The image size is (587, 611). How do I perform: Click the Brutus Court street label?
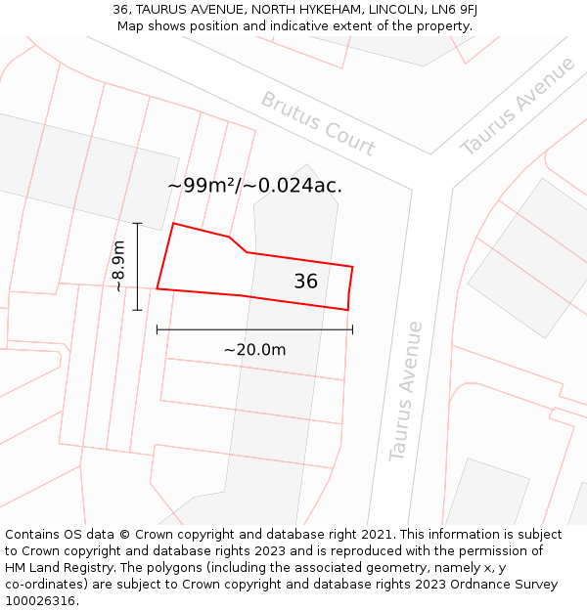point(318,124)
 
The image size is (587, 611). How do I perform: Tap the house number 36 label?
point(305,282)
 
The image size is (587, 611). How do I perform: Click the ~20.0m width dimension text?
point(254,350)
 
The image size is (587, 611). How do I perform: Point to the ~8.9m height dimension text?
point(118,266)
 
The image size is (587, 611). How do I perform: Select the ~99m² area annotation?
point(254,185)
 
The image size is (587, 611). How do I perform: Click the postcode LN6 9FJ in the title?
point(454,10)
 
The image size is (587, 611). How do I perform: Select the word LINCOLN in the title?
point(396,10)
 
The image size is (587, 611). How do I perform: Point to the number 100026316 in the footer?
point(42,600)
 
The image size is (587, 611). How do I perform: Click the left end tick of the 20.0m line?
point(157,329)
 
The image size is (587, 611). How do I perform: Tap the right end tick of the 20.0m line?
point(352,329)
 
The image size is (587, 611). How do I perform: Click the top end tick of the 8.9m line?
point(137,224)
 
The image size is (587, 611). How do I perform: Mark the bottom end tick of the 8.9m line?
point(137,310)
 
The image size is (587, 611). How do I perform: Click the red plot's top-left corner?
point(173,224)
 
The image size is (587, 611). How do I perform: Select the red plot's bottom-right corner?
point(348,310)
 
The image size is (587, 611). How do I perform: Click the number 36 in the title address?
point(121,10)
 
